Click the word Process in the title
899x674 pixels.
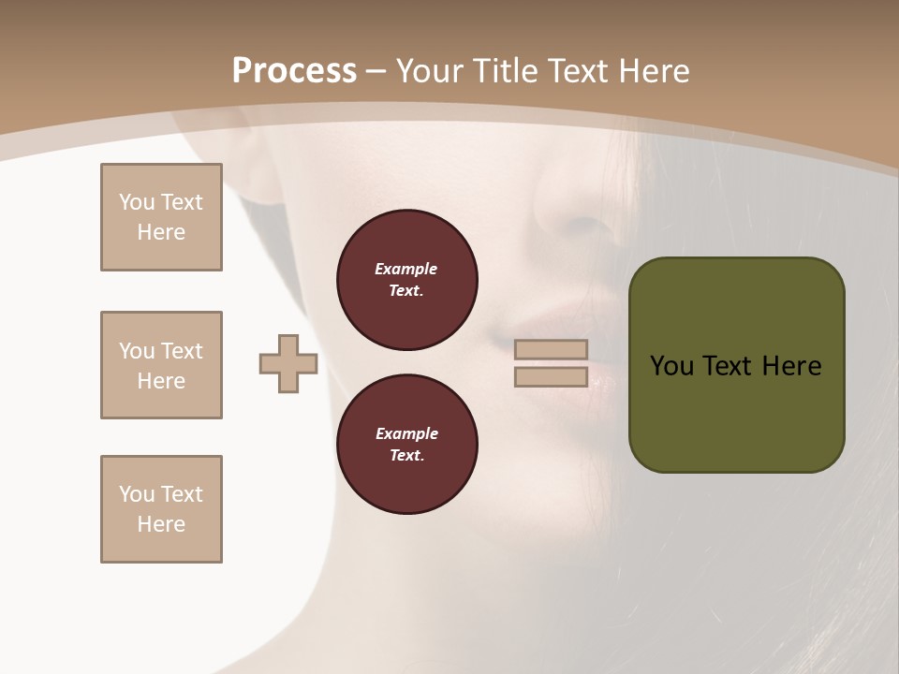tap(294, 71)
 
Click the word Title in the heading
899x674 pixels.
tap(506, 71)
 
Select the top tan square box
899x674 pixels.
tap(161, 217)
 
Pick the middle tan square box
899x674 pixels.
tap(161, 365)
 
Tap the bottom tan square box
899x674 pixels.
tap(161, 509)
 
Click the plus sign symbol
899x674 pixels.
tap(288, 363)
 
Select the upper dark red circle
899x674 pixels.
tap(406, 280)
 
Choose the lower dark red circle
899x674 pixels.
tap(406, 445)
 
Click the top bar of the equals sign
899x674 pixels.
tap(551, 349)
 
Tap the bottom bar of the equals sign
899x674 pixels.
tap(551, 377)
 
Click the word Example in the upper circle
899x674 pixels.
tap(406, 269)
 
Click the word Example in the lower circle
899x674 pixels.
tap(406, 433)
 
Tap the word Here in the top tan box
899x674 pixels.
tap(161, 232)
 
